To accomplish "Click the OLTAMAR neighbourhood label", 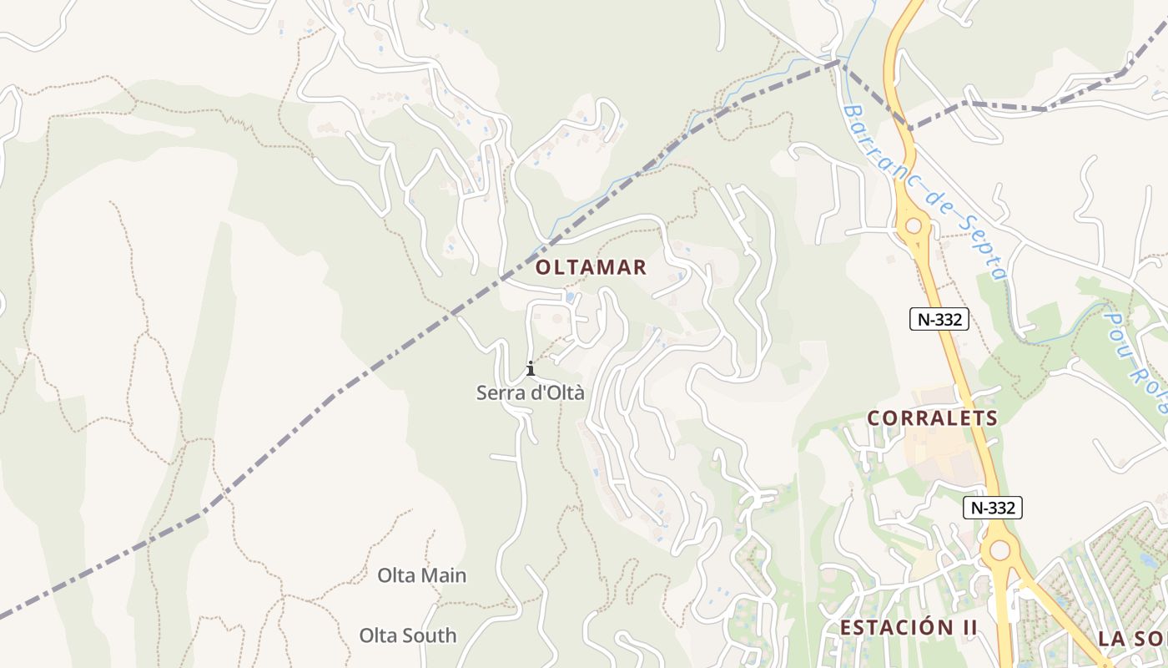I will [x=591, y=267].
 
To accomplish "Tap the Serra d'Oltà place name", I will [x=531, y=392].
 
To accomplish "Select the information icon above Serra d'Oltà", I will [x=530, y=368].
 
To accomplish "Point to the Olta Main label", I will [x=421, y=575].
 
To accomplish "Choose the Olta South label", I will [x=408, y=635].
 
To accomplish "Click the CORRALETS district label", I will [x=933, y=418].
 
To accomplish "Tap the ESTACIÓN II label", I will [x=908, y=628].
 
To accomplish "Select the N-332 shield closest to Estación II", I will [x=992, y=507].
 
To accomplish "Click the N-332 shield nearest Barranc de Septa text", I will [x=939, y=319].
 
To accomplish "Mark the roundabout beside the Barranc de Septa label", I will [x=914, y=225].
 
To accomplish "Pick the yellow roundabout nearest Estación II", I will [x=998, y=550].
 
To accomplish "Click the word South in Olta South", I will [x=430, y=635].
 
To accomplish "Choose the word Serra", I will [x=498, y=392].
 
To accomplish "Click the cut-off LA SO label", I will [x=1132, y=640].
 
